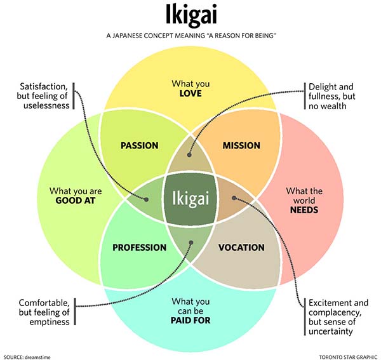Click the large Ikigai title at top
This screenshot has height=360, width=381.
190,15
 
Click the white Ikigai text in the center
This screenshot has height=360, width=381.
190,198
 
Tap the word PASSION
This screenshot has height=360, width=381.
139,145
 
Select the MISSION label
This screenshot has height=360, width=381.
241,145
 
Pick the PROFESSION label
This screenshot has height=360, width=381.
139,247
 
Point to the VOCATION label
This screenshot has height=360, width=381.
241,247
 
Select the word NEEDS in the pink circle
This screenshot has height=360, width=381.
305,210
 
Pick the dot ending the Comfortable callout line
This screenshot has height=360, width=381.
190,242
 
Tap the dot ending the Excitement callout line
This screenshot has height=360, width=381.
234,198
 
